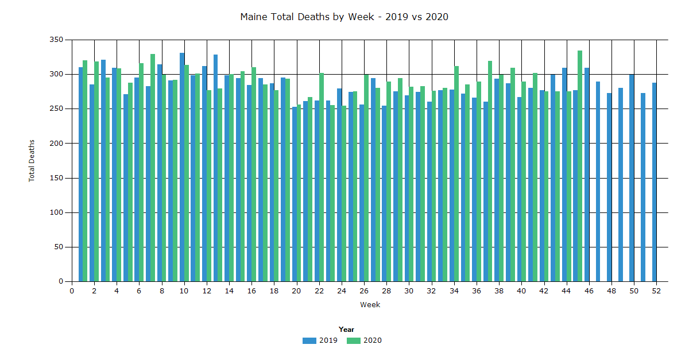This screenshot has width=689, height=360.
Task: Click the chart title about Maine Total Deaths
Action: (x=344, y=17)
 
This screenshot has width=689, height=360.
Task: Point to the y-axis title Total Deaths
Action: (x=32, y=161)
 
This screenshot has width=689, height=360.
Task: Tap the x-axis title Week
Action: (x=370, y=305)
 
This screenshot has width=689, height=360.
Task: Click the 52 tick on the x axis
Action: (x=656, y=291)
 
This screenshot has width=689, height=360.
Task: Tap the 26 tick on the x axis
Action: (x=364, y=291)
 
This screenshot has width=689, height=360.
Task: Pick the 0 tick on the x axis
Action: (x=72, y=291)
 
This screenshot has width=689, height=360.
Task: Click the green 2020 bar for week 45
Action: (x=580, y=167)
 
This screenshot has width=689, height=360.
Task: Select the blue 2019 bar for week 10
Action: (x=182, y=167)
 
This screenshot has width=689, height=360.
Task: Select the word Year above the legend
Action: (x=346, y=330)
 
